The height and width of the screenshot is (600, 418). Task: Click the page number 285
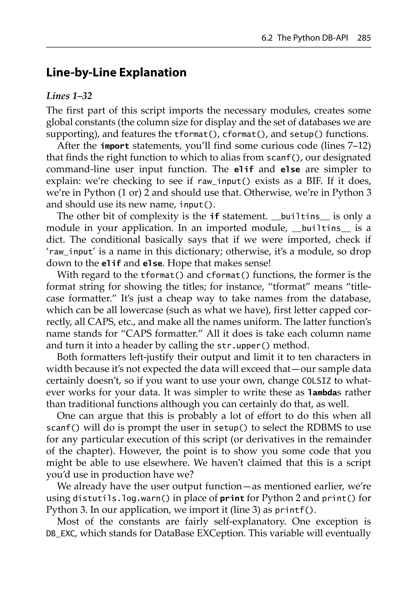[x=364, y=38]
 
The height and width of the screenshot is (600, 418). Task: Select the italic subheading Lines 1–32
[x=69, y=96]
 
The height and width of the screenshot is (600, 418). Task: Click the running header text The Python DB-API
[x=312, y=38]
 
